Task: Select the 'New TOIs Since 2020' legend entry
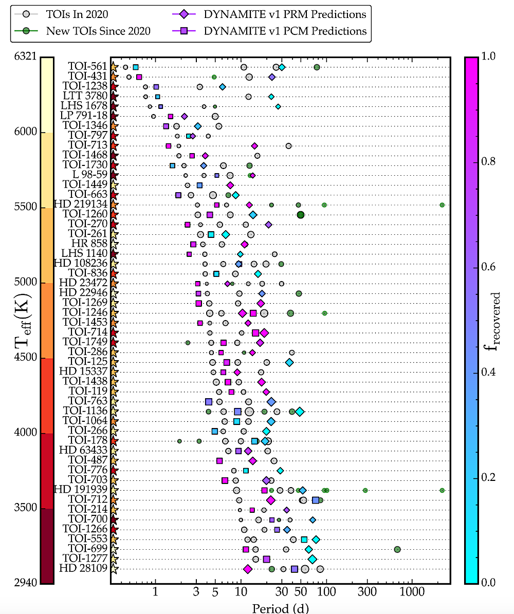(98, 31)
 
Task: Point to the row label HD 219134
(81, 204)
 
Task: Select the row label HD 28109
(83, 569)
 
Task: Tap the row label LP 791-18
(84, 116)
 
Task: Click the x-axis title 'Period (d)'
(280, 607)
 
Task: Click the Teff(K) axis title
(21, 319)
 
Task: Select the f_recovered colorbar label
(498, 320)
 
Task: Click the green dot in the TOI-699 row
(397, 549)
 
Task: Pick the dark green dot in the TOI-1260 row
(301, 215)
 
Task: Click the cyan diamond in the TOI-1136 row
(300, 411)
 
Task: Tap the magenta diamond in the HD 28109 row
(248, 569)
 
